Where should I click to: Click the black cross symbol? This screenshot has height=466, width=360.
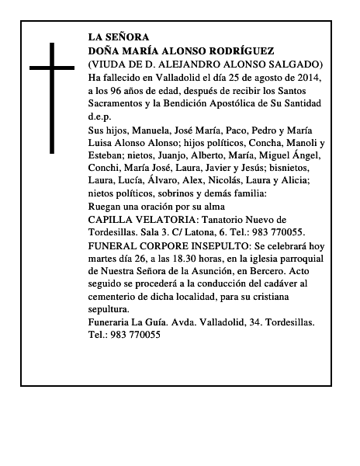[x=52, y=96]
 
